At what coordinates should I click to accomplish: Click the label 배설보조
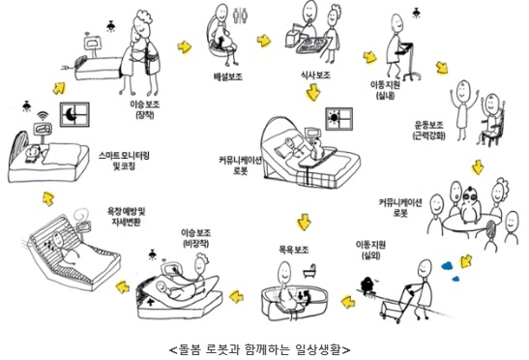(227, 76)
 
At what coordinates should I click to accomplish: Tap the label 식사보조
(315, 75)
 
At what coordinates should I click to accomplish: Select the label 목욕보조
(294, 250)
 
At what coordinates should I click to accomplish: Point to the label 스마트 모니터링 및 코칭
(124, 161)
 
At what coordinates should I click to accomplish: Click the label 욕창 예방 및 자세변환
(126, 217)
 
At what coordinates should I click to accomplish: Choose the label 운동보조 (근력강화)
(428, 131)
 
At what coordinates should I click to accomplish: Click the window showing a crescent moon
(74, 114)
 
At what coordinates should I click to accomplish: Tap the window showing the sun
(339, 119)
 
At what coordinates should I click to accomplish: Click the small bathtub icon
(309, 272)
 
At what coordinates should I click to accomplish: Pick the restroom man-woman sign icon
(241, 15)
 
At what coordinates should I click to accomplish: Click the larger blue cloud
(448, 266)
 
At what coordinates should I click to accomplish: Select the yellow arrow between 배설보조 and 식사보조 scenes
(264, 41)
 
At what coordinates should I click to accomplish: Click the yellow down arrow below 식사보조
(313, 93)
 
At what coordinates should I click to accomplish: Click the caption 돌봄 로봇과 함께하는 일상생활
(260, 349)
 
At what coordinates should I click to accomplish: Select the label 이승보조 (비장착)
(196, 238)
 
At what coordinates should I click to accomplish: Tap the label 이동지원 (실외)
(370, 250)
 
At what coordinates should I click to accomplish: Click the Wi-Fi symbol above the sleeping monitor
(43, 116)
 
